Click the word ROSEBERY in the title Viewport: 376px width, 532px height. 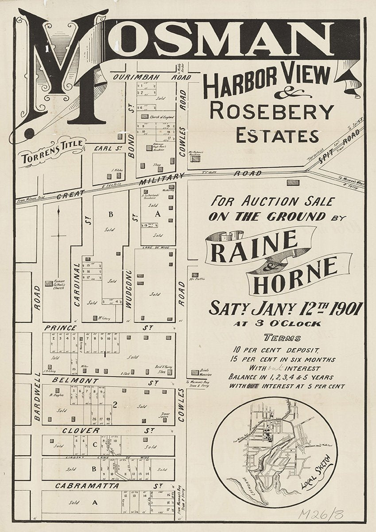point(271,111)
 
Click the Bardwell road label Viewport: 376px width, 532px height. point(37,396)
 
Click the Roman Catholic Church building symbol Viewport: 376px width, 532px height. point(48,283)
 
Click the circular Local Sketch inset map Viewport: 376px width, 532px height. point(275,452)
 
